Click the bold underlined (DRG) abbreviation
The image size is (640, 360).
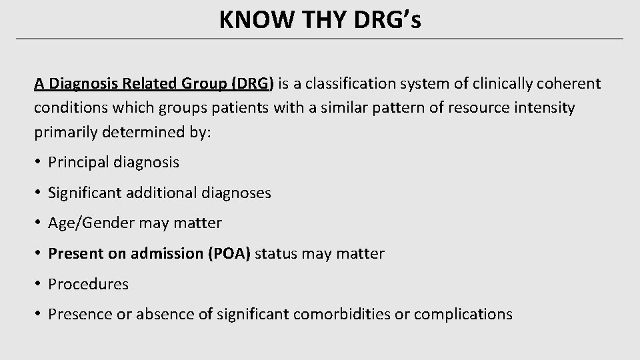[x=252, y=83]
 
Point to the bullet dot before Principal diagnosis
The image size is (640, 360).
[x=39, y=162]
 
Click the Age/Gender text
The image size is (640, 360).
[x=92, y=223]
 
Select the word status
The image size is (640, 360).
[x=275, y=254]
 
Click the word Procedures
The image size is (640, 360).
[x=89, y=284]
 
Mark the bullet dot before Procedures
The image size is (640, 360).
[x=39, y=284]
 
